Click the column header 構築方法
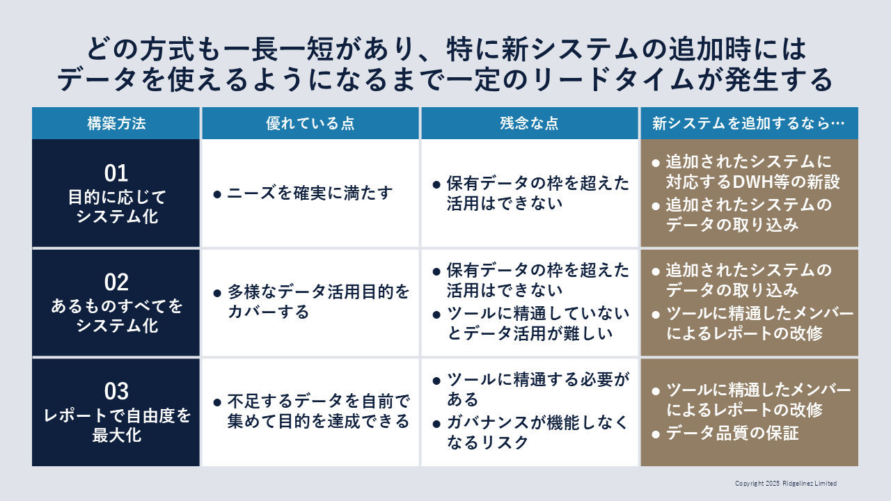[116, 123]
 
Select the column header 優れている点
[310, 123]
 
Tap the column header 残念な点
[530, 123]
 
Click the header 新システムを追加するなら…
[748, 123]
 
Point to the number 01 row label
[116, 173]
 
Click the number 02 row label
[116, 283]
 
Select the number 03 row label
[116, 391]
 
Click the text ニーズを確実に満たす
[310, 193]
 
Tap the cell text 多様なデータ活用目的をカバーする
[319, 302]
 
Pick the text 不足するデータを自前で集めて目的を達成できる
[319, 411]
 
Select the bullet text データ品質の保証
[732, 433]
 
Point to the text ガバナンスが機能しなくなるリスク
[537, 432]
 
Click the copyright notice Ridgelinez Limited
[810, 483]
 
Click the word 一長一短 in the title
[278, 49]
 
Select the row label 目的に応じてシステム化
[116, 207]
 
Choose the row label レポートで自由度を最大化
[116, 425]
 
